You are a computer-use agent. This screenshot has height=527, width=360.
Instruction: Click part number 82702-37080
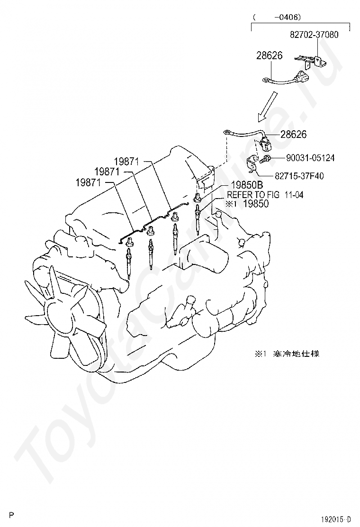coord(314,35)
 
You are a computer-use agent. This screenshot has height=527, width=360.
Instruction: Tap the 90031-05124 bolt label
coord(309,158)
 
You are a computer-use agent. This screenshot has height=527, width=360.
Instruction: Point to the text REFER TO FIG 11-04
coord(265,194)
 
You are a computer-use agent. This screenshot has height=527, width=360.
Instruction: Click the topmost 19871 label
coord(126,161)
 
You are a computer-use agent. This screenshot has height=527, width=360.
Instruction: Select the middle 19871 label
coord(107,171)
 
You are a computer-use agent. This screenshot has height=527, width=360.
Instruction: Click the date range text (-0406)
coord(277,17)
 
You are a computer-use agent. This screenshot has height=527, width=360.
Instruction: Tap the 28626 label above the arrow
coord(270,55)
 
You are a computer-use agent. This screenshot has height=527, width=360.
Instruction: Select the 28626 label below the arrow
coord(293,135)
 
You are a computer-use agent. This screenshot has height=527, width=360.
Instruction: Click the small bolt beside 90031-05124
coord(269,158)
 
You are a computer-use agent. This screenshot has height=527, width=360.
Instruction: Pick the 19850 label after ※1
coord(256,204)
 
